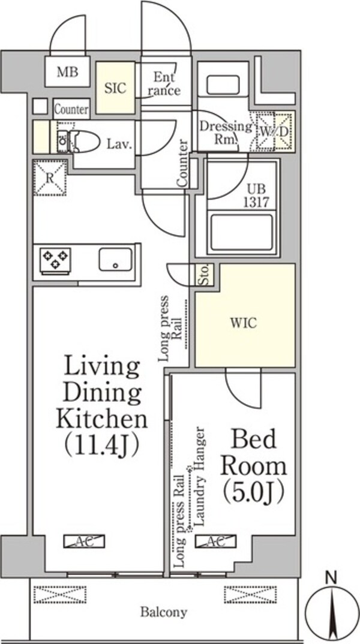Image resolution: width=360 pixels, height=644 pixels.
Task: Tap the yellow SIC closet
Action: click(x=115, y=88)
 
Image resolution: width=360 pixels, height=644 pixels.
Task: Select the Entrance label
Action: click(x=164, y=83)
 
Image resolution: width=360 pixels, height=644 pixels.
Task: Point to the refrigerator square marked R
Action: click(x=50, y=177)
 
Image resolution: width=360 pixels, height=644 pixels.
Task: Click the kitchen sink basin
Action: click(x=115, y=259)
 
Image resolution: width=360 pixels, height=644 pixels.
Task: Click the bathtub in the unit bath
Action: click(x=242, y=233)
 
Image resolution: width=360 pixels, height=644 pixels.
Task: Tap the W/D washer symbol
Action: click(x=274, y=131)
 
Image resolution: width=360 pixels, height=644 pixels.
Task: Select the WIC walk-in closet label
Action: click(x=244, y=323)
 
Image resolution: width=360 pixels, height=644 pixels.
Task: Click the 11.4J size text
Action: click(x=101, y=444)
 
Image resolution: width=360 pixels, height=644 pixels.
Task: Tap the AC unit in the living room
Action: click(x=84, y=541)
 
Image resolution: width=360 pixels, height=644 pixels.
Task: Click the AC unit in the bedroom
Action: click(x=216, y=541)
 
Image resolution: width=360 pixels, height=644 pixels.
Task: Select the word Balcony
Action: click(x=164, y=612)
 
